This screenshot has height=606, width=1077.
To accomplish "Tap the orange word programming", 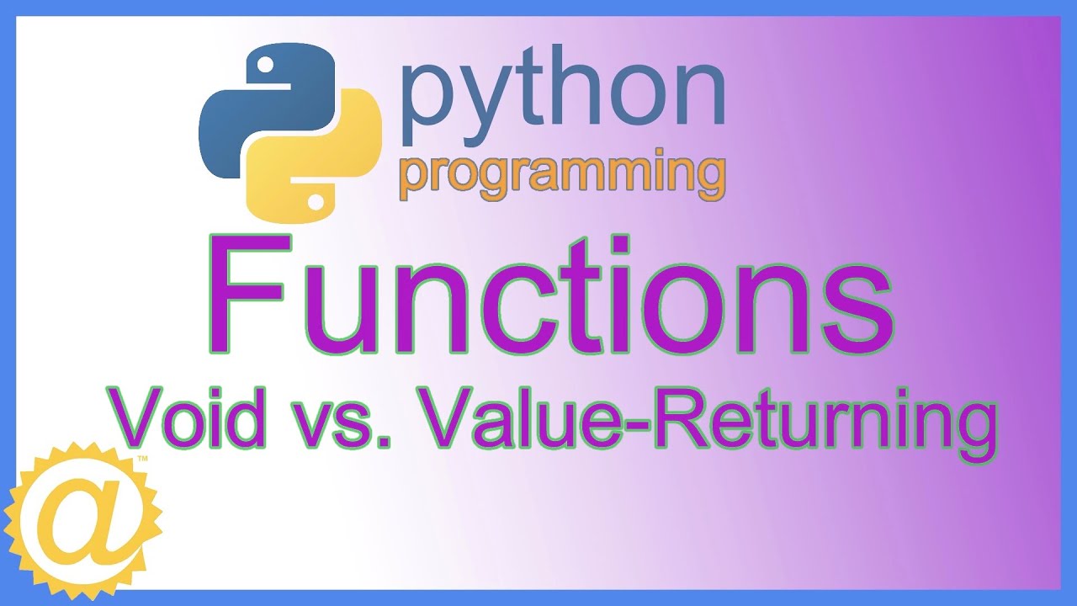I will click(x=562, y=175).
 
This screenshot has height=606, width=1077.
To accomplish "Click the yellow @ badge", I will click(x=82, y=521).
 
